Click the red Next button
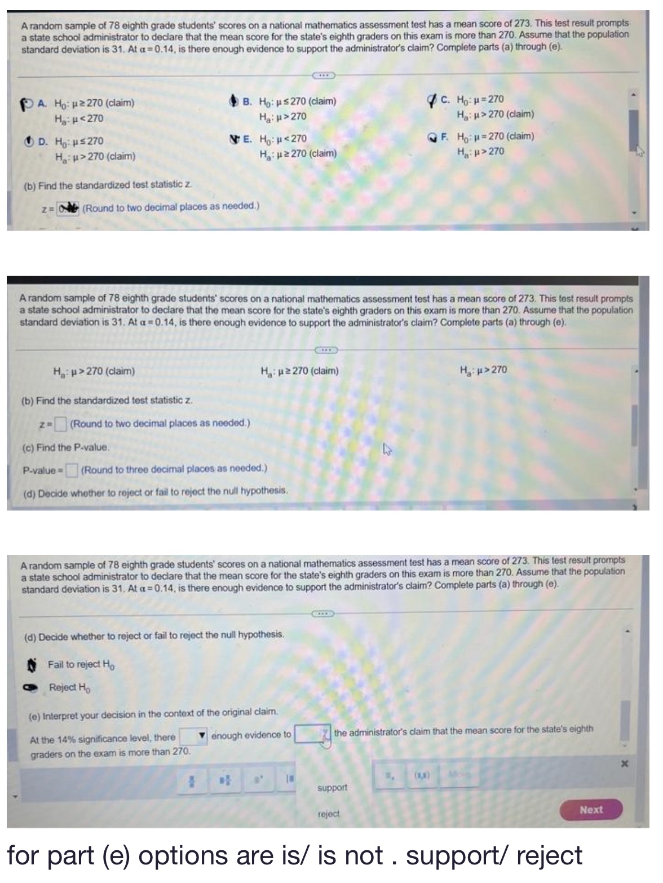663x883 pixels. (x=591, y=810)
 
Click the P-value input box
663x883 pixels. (x=72, y=469)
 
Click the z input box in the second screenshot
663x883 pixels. (x=61, y=423)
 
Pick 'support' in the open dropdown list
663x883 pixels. (x=333, y=787)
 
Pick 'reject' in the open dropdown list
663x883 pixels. (x=329, y=814)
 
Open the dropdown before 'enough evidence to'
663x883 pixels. (x=193, y=736)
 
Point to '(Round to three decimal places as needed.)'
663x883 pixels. (x=174, y=469)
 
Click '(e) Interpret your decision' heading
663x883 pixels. (x=153, y=712)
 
